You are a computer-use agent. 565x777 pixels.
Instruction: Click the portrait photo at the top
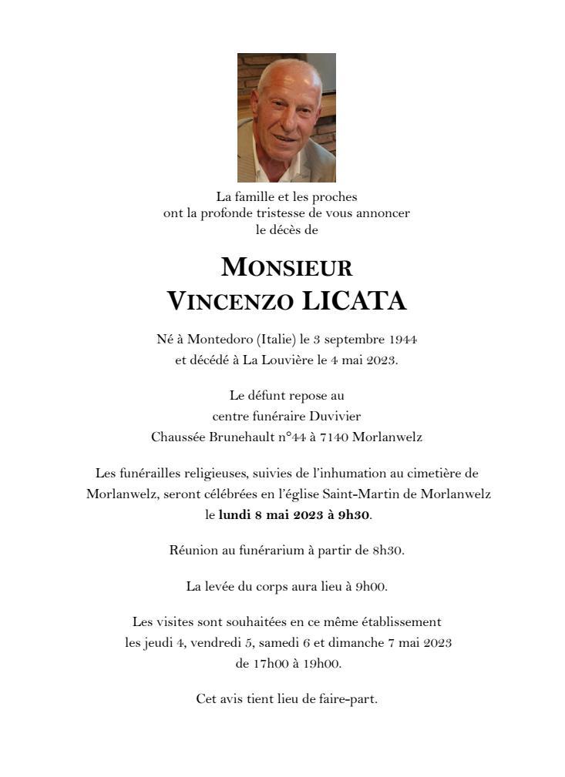pos(286,117)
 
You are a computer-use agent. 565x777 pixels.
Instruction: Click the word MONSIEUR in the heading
pos(286,267)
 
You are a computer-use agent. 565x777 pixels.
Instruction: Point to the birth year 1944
pos(404,340)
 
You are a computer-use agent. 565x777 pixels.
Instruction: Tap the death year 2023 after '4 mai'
pos(382,360)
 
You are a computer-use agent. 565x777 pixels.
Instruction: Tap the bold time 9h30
pos(354,515)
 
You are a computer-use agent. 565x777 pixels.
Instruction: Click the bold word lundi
pos(236,515)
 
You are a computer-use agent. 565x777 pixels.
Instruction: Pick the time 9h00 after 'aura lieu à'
pos(371,587)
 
